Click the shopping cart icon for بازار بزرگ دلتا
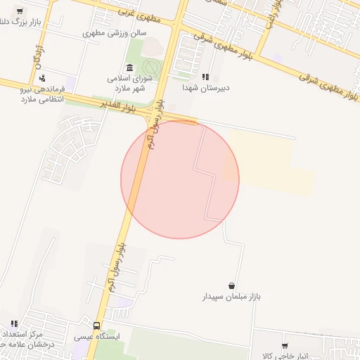pos(18,11)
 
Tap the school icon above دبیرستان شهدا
pos(205,77)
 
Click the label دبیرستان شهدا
pos(206,88)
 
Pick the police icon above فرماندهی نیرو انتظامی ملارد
pos(44,78)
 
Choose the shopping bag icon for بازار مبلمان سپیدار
pos(232,285)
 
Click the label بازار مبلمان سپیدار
pos(232,297)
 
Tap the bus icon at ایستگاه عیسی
pos(96,326)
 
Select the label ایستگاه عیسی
pos(97,337)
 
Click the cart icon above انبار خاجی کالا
pos(285,345)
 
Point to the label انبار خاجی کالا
pos(285,356)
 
